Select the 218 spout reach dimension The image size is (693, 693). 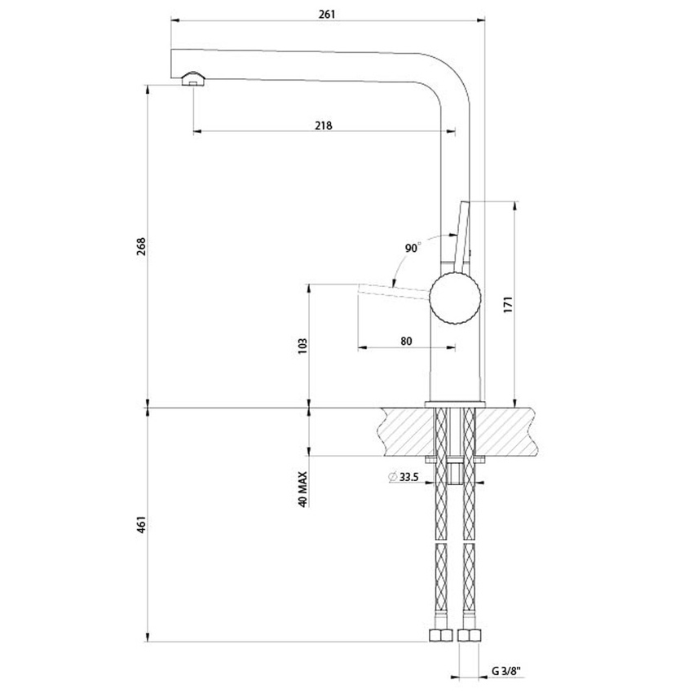[323, 126]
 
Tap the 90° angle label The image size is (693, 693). [413, 248]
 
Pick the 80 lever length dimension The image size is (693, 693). [406, 341]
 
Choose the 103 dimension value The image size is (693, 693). [302, 345]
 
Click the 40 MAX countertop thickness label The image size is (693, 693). [302, 488]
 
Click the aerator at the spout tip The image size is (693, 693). [194, 78]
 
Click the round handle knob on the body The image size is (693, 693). [456, 298]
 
